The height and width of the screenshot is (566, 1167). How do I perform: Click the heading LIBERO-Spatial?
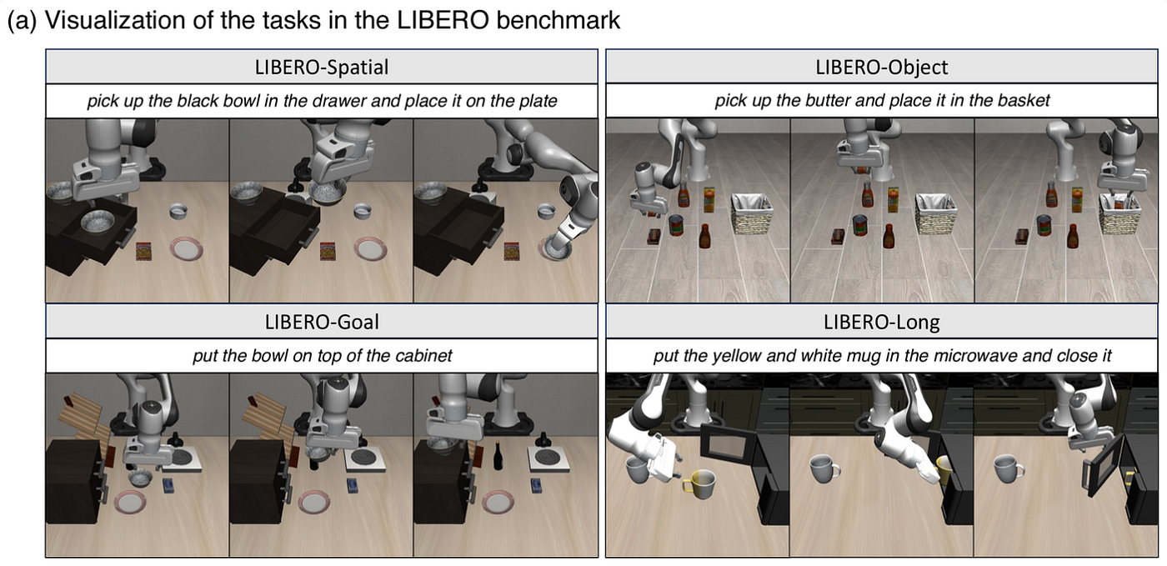point(322,68)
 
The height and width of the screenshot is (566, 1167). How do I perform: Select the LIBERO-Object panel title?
point(882,68)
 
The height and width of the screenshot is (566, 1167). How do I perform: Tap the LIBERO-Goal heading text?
point(322,322)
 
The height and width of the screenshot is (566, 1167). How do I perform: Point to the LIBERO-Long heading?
point(882,322)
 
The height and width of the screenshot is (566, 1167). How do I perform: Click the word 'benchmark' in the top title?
point(558,20)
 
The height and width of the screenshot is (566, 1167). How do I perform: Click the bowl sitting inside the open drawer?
point(98,221)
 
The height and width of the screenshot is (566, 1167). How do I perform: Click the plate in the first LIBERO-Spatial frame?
point(186,248)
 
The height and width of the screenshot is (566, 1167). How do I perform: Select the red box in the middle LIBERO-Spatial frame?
point(328,251)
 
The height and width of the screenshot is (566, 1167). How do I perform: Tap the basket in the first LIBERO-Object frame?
point(752,213)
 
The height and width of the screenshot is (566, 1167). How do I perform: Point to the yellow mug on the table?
point(699,482)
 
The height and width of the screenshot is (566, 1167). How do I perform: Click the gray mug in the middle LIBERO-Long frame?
point(824,468)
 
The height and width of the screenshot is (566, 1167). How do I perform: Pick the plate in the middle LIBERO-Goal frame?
point(314,503)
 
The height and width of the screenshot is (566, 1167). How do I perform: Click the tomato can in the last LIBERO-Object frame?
point(1044,226)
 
